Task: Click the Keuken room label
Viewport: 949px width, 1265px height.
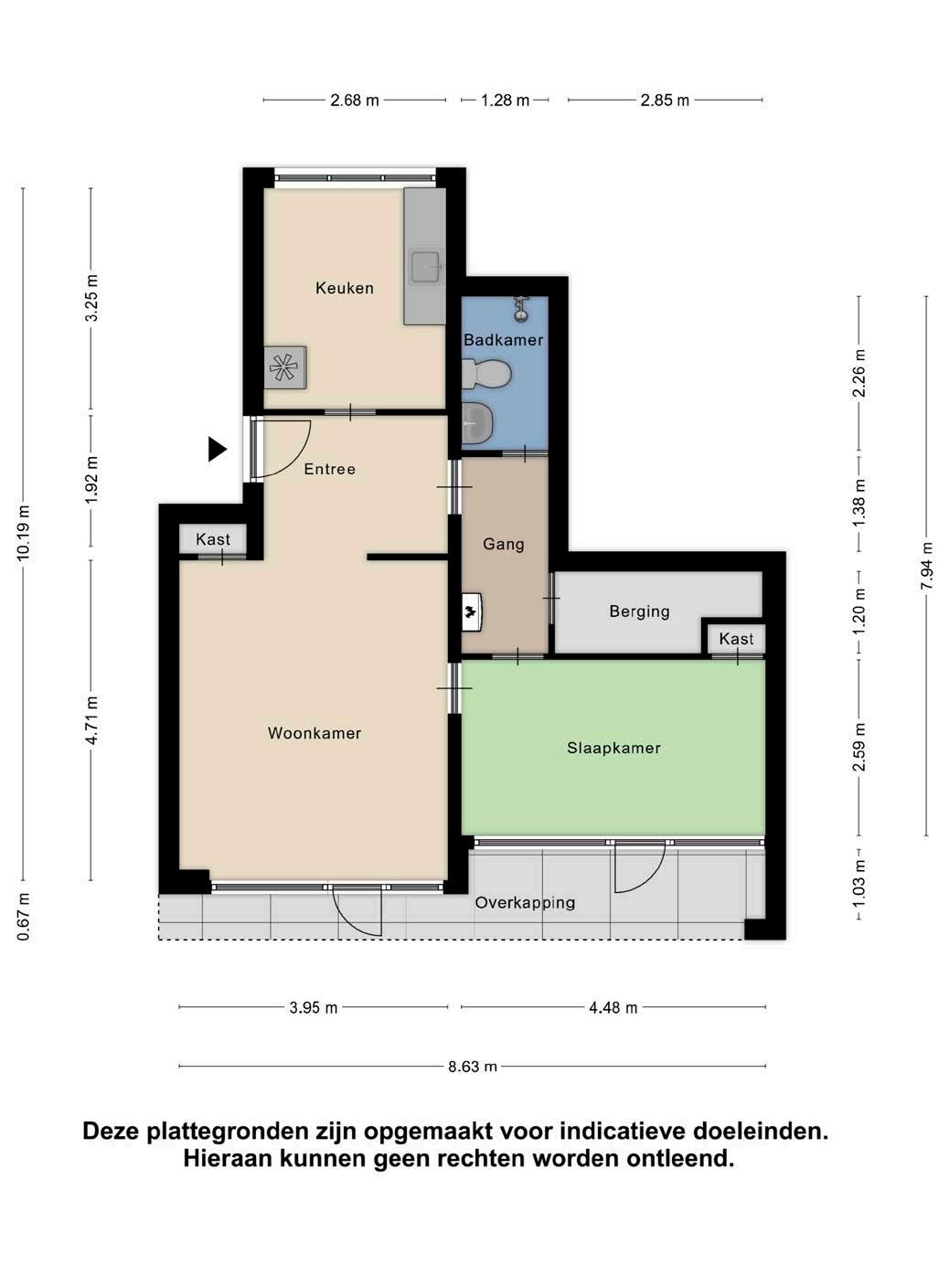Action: coord(344,288)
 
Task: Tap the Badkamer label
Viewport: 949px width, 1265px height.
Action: coord(503,339)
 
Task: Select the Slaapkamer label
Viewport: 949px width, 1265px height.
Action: coord(613,748)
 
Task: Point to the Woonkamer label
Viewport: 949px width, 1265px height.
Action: coord(314,733)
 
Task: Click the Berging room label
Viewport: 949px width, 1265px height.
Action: coord(639,611)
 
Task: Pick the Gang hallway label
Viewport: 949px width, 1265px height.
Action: coord(503,544)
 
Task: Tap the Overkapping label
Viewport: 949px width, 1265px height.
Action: coord(525,902)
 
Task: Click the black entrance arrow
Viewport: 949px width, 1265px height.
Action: coord(218,449)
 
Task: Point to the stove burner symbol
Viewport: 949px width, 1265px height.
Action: coord(284,367)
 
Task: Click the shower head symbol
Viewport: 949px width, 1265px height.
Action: coord(521,308)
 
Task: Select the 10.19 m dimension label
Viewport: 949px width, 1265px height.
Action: coord(23,533)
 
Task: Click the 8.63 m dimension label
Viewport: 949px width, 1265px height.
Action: coord(473,1067)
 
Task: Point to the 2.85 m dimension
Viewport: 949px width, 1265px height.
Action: coord(665,101)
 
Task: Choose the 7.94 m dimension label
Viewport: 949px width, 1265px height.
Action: coord(926,566)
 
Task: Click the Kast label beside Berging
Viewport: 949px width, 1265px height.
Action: coord(736,639)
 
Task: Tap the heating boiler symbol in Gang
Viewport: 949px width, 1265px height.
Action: coord(472,612)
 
